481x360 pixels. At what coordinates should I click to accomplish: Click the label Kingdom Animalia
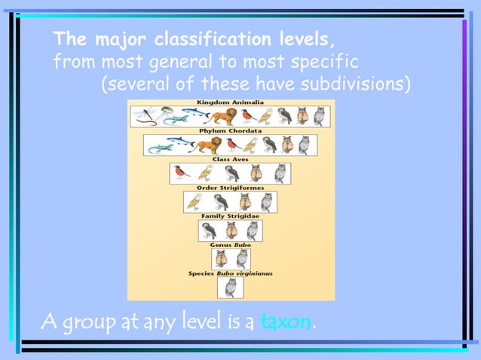[x=230, y=102]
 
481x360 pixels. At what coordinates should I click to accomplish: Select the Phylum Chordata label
[x=230, y=130]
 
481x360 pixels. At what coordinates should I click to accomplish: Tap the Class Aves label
[x=230, y=159]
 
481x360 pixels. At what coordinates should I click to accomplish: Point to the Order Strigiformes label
[x=230, y=188]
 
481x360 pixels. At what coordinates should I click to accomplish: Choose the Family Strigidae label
[x=230, y=216]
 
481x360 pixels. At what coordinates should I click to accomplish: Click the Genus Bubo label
[x=230, y=245]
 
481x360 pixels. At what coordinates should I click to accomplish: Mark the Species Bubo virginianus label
[x=230, y=273]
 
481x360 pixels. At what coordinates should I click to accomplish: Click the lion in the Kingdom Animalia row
[x=224, y=116]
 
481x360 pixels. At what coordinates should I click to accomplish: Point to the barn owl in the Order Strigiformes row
[x=195, y=201]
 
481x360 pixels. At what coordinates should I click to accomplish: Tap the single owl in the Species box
[x=230, y=287]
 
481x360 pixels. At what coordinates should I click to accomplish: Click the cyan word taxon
[x=286, y=322]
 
